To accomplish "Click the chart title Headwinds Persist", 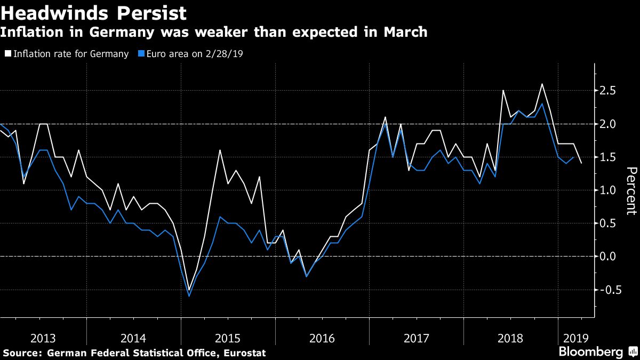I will [x=93, y=13].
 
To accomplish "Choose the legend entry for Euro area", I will [x=195, y=54].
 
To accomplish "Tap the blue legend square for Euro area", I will [x=141, y=54].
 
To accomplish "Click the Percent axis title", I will [x=631, y=190].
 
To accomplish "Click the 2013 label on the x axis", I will [x=43, y=338].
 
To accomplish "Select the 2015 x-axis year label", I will [x=228, y=338].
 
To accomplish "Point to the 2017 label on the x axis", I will [x=417, y=338].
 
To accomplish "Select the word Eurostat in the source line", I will [x=244, y=353].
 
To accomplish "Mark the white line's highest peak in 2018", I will [x=542, y=84].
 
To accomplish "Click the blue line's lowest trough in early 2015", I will [x=189, y=296].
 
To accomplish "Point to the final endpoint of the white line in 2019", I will [x=581, y=163].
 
